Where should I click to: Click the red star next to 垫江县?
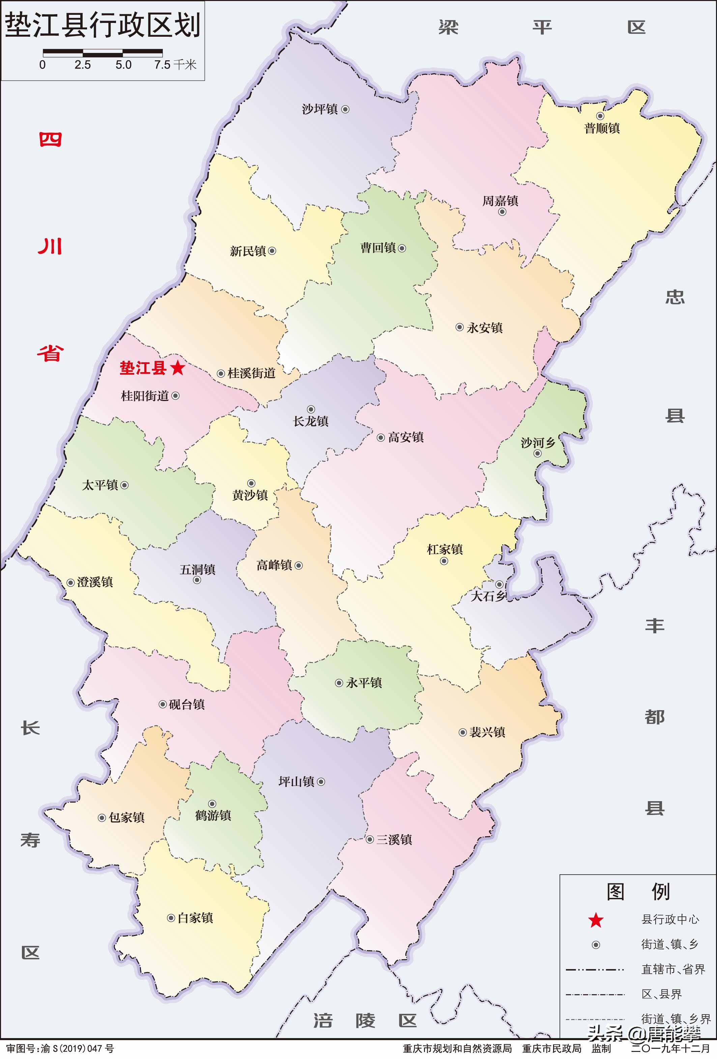coord(178,368)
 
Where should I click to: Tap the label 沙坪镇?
coord(320,109)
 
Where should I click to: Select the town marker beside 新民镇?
coord(272,251)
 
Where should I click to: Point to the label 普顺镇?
coord(602,128)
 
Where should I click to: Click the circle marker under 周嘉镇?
coord(502,212)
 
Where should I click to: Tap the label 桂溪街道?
coord(252,373)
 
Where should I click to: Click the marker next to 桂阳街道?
coord(175,396)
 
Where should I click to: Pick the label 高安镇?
coord(406,437)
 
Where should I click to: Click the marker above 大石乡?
coord(499,584)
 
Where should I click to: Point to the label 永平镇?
coord(364,683)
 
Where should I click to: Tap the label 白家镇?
coord(195,918)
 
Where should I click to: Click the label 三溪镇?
coord(394,839)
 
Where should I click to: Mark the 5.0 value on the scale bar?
coord(123,65)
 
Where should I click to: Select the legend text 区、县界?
coord(661,994)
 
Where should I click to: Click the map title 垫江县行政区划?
coord(103,25)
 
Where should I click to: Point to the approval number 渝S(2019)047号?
coord(78,1048)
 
